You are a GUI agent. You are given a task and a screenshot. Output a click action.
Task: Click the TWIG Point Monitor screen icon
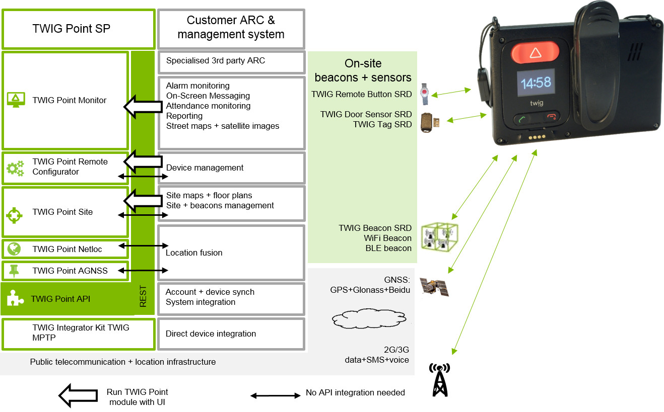(x=16, y=100)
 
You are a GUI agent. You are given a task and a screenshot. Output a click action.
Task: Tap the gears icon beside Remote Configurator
(x=15, y=167)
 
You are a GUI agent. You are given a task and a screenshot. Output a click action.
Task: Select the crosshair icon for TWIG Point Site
(x=15, y=215)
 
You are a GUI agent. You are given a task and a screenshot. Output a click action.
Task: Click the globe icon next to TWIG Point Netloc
(x=14, y=249)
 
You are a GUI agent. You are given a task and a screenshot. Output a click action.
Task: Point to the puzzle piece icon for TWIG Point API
(x=15, y=299)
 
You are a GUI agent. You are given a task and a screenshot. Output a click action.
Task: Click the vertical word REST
(x=143, y=296)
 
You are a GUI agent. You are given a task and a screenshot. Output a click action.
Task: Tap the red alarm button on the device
(x=535, y=52)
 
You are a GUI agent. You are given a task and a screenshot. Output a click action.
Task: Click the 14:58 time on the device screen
(x=535, y=83)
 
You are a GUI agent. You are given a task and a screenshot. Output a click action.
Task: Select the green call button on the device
(x=522, y=119)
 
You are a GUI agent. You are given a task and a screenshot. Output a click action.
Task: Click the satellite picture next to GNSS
(x=434, y=287)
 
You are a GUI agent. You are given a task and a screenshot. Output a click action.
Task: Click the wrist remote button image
(x=426, y=94)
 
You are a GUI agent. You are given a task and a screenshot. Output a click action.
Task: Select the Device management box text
(x=205, y=168)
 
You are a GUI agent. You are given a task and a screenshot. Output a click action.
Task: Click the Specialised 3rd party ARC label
(x=215, y=61)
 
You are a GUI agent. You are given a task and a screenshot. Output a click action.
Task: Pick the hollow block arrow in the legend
(x=78, y=396)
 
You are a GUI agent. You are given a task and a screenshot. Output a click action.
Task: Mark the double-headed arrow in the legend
(x=275, y=395)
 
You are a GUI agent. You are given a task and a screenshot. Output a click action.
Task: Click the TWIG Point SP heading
(x=71, y=29)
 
